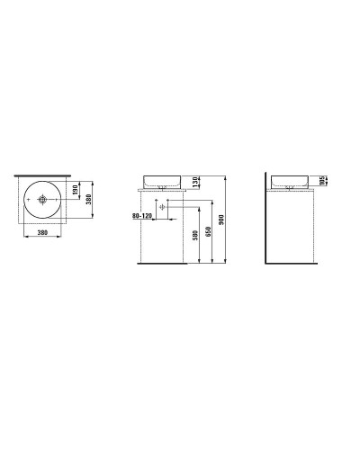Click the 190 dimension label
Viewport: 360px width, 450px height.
coord(76,191)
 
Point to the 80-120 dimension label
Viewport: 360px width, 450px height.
coord(142,216)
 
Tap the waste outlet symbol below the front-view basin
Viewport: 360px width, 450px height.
coord(162,207)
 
